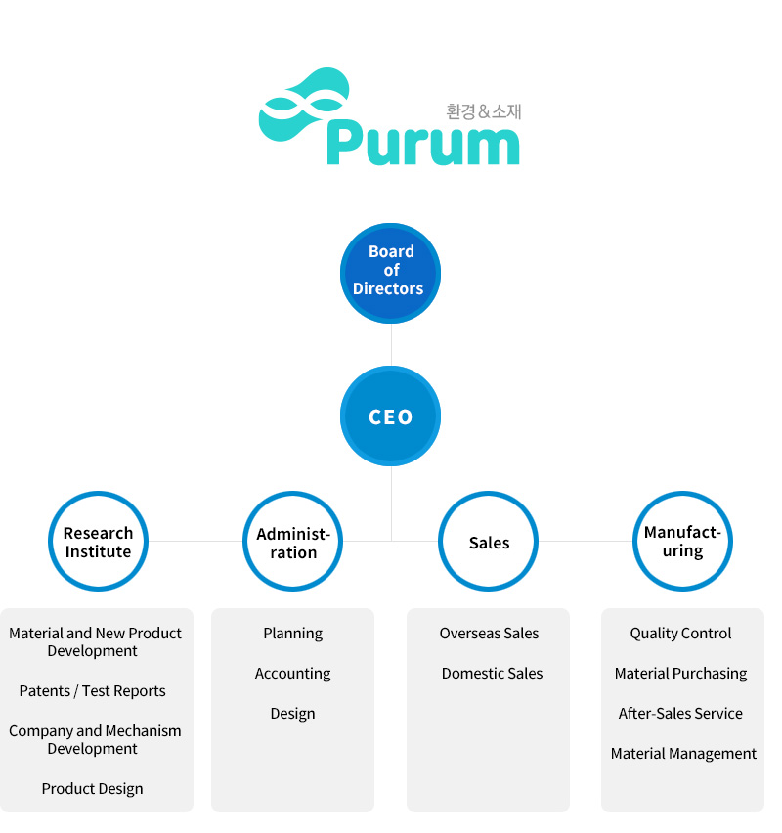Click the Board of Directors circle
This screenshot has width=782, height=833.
click(391, 271)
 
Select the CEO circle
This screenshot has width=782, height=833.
click(391, 416)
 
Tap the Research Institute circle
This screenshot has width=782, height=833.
click(98, 542)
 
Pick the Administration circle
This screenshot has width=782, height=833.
click(293, 542)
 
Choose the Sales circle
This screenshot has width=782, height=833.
click(489, 542)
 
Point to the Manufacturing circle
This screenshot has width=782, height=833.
click(682, 542)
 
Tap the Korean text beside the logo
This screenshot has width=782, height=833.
click(484, 111)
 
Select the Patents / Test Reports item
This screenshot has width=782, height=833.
click(93, 691)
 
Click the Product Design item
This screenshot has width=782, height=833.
click(93, 789)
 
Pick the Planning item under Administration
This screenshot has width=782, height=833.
click(293, 634)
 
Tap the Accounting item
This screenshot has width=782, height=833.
click(293, 674)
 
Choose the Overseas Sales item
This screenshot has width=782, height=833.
click(490, 634)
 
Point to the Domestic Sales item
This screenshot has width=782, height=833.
click(492, 674)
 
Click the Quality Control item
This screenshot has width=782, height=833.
click(681, 634)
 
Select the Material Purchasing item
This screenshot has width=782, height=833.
click(681, 674)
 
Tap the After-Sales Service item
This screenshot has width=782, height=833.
click(681, 714)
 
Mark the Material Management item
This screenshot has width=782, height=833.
click(683, 754)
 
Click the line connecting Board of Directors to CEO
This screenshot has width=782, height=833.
click(391, 344)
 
